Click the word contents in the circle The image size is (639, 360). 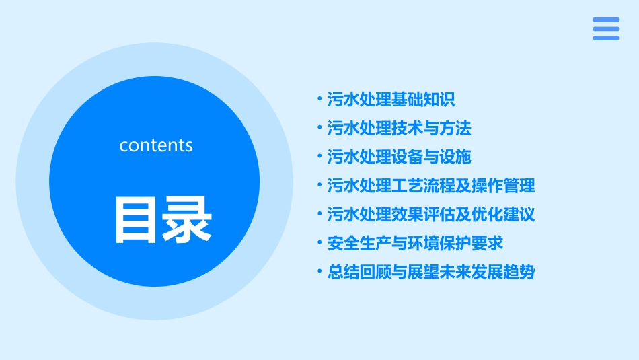click(156, 145)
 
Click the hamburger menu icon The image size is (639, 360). click(605, 29)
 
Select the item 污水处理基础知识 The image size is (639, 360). click(391, 100)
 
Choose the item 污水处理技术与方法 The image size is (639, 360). click(399, 128)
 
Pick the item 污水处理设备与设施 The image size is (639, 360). click(399, 157)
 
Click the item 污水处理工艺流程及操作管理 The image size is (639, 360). click(431, 186)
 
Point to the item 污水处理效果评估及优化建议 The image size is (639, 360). click(431, 215)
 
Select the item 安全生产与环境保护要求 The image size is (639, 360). click(415, 243)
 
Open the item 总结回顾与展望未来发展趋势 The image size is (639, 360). click(431, 272)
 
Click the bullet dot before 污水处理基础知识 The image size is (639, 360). click(319, 100)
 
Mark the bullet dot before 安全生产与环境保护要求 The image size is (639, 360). click(319, 243)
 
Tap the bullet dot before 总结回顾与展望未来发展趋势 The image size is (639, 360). click(319, 272)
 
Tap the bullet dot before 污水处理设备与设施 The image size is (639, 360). click(319, 157)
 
